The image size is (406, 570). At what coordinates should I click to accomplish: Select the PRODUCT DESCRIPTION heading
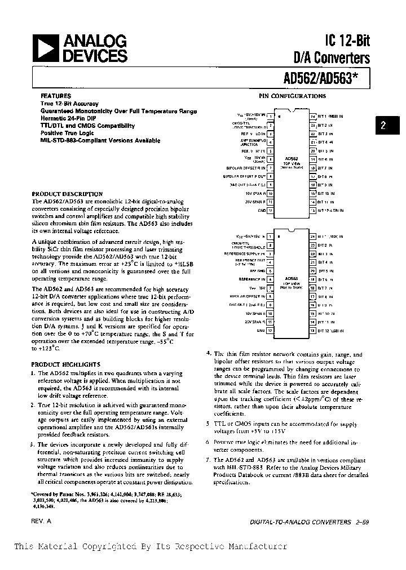tap(67, 193)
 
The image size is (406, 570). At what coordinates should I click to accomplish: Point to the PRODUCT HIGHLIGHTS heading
tap(65, 364)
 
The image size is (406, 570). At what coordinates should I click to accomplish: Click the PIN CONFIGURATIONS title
tap(292, 96)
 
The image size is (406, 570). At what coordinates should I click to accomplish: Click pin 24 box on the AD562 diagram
tap(313, 117)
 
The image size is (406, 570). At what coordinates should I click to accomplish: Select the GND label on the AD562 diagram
tap(261, 211)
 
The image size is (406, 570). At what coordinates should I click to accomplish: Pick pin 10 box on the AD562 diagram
tap(271, 193)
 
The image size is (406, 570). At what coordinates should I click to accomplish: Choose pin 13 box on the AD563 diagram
tap(313, 331)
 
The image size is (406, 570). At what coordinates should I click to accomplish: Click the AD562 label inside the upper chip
tap(292, 159)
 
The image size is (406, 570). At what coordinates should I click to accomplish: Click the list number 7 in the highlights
tap(208, 460)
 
